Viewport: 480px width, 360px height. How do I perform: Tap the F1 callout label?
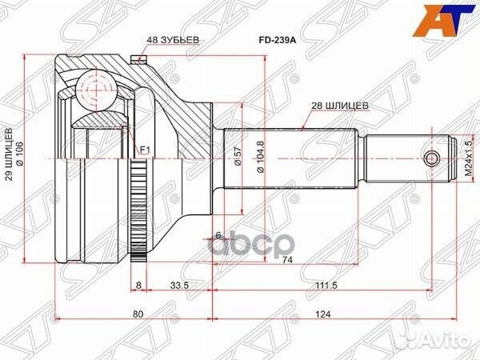tap(144, 150)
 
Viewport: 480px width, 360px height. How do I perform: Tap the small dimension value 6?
tap(217, 234)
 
